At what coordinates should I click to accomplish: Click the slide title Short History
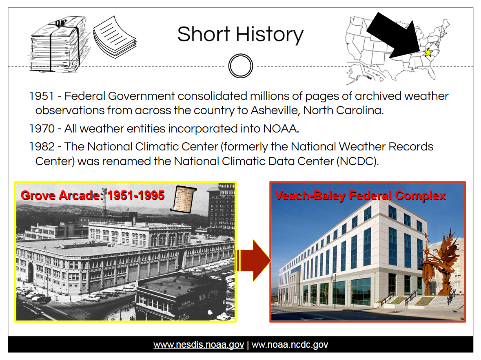tap(240, 34)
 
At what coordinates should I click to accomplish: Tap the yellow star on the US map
tap(428, 53)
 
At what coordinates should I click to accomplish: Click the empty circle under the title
tap(241, 66)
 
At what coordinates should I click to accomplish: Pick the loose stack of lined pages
tap(115, 38)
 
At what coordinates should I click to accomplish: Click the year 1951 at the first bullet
tap(42, 96)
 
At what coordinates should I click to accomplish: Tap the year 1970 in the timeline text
tap(42, 128)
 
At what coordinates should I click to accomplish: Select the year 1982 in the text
tap(42, 147)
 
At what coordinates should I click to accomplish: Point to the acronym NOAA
tap(281, 128)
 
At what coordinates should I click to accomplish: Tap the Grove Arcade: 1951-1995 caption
tap(92, 195)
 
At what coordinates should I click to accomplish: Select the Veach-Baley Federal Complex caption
tap(360, 195)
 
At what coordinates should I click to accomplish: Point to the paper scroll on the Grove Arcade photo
tap(184, 199)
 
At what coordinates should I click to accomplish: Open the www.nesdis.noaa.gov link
tap(199, 345)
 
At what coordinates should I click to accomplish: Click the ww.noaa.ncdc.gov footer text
tap(290, 345)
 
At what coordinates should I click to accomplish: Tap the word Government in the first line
tap(141, 96)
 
